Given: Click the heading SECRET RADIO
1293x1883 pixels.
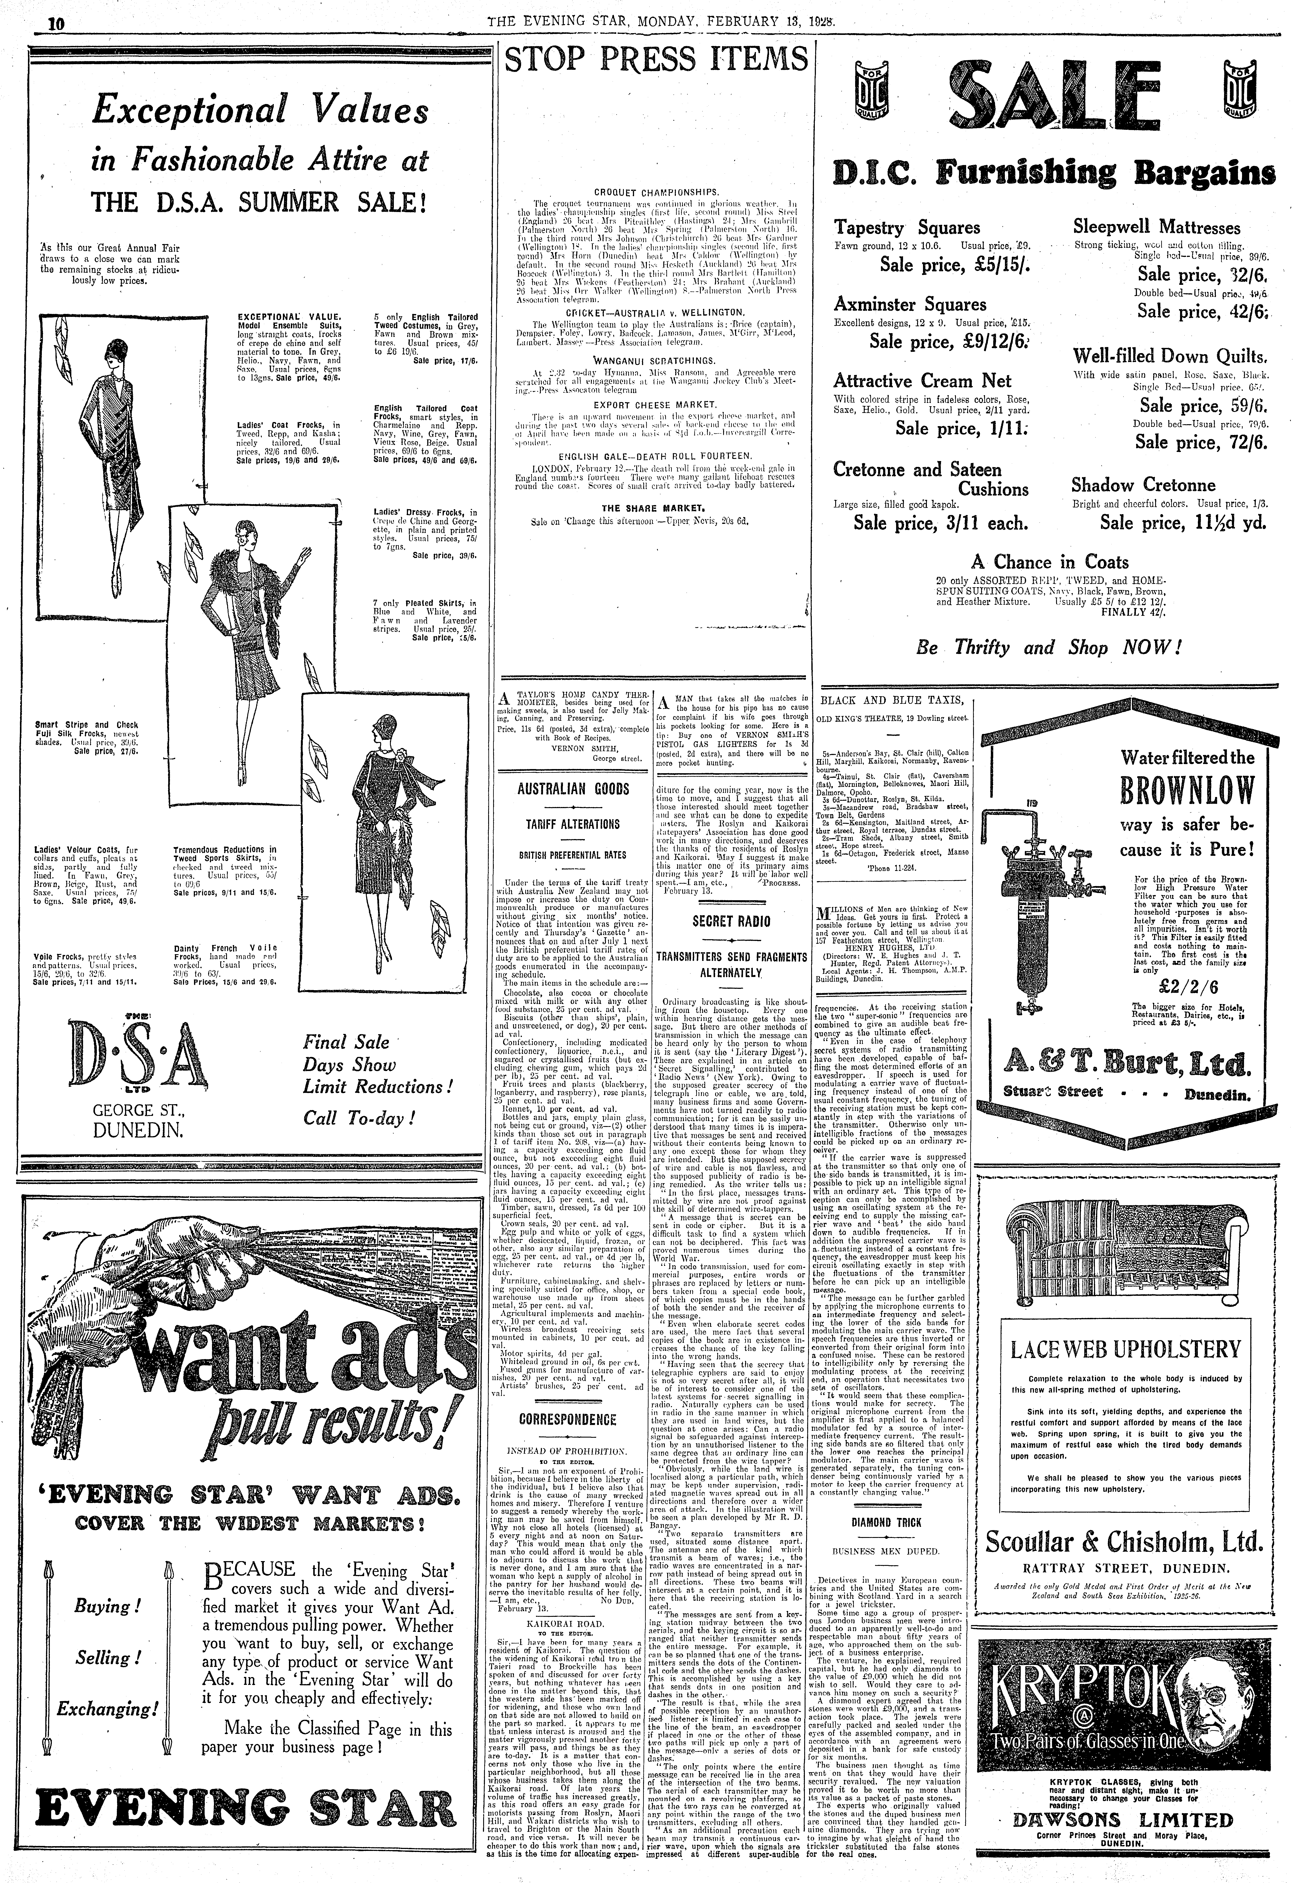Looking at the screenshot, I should (731, 921).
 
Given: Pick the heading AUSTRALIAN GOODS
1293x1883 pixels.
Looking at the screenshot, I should (574, 788).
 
